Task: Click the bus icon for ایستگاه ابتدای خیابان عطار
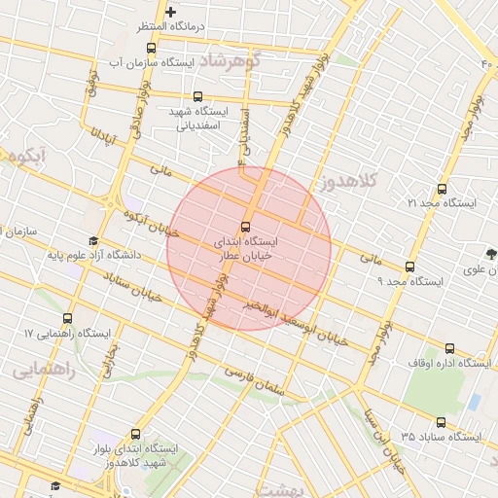pyautogui.click(x=245, y=227)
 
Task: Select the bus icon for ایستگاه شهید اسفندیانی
pyautogui.click(x=198, y=96)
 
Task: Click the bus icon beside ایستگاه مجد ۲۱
pyautogui.click(x=443, y=189)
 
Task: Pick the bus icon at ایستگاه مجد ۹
pyautogui.click(x=409, y=267)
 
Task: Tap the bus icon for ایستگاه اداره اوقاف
pyautogui.click(x=448, y=348)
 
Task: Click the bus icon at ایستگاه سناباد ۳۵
pyautogui.click(x=442, y=422)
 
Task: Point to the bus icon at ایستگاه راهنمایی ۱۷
pyautogui.click(x=67, y=319)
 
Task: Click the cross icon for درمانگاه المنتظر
pyautogui.click(x=171, y=13)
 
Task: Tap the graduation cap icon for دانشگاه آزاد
pyautogui.click(x=93, y=242)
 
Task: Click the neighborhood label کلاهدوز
pyautogui.click(x=344, y=182)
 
